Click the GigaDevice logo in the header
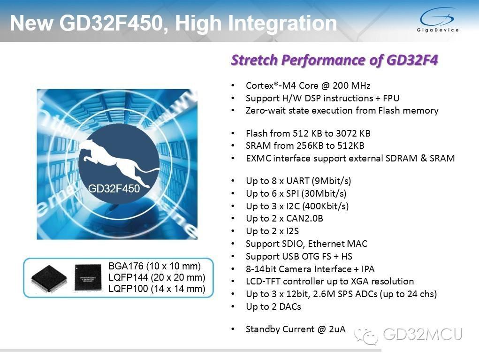pyautogui.click(x=437, y=20)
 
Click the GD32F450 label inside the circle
pyautogui.click(x=114, y=189)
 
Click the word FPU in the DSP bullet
pyautogui.click(x=391, y=98)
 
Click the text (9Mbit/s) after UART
pyautogui.click(x=331, y=181)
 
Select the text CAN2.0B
pyautogui.click(x=304, y=219)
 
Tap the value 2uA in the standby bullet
pyautogui.click(x=337, y=329)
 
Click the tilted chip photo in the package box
pyautogui.click(x=49, y=279)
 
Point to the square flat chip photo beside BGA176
pyautogui.click(x=88, y=277)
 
